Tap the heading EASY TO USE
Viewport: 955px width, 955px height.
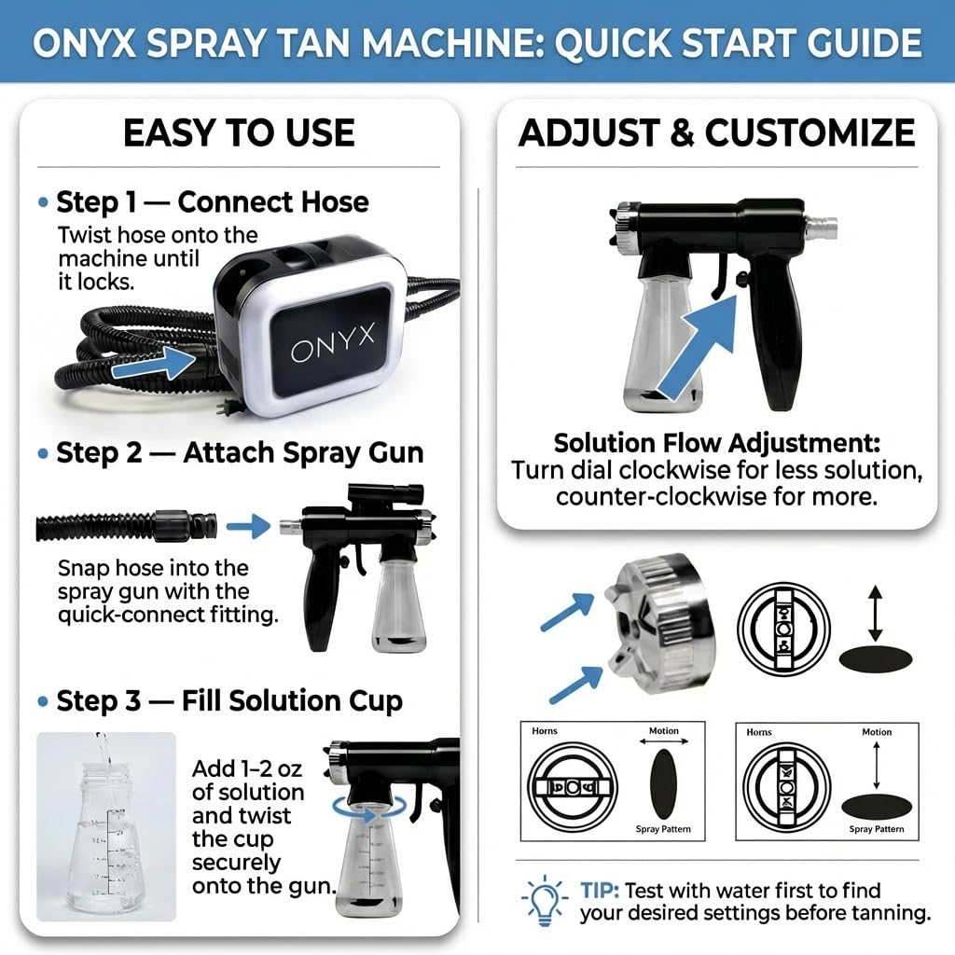(239, 133)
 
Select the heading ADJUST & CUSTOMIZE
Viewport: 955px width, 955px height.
(716, 133)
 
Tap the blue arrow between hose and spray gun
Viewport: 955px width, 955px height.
(248, 527)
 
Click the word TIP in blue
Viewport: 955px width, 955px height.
(602, 891)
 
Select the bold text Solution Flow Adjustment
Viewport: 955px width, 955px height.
(716, 442)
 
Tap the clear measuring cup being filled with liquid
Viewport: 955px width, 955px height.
(105, 830)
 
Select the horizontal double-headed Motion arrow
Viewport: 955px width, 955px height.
(663, 742)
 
